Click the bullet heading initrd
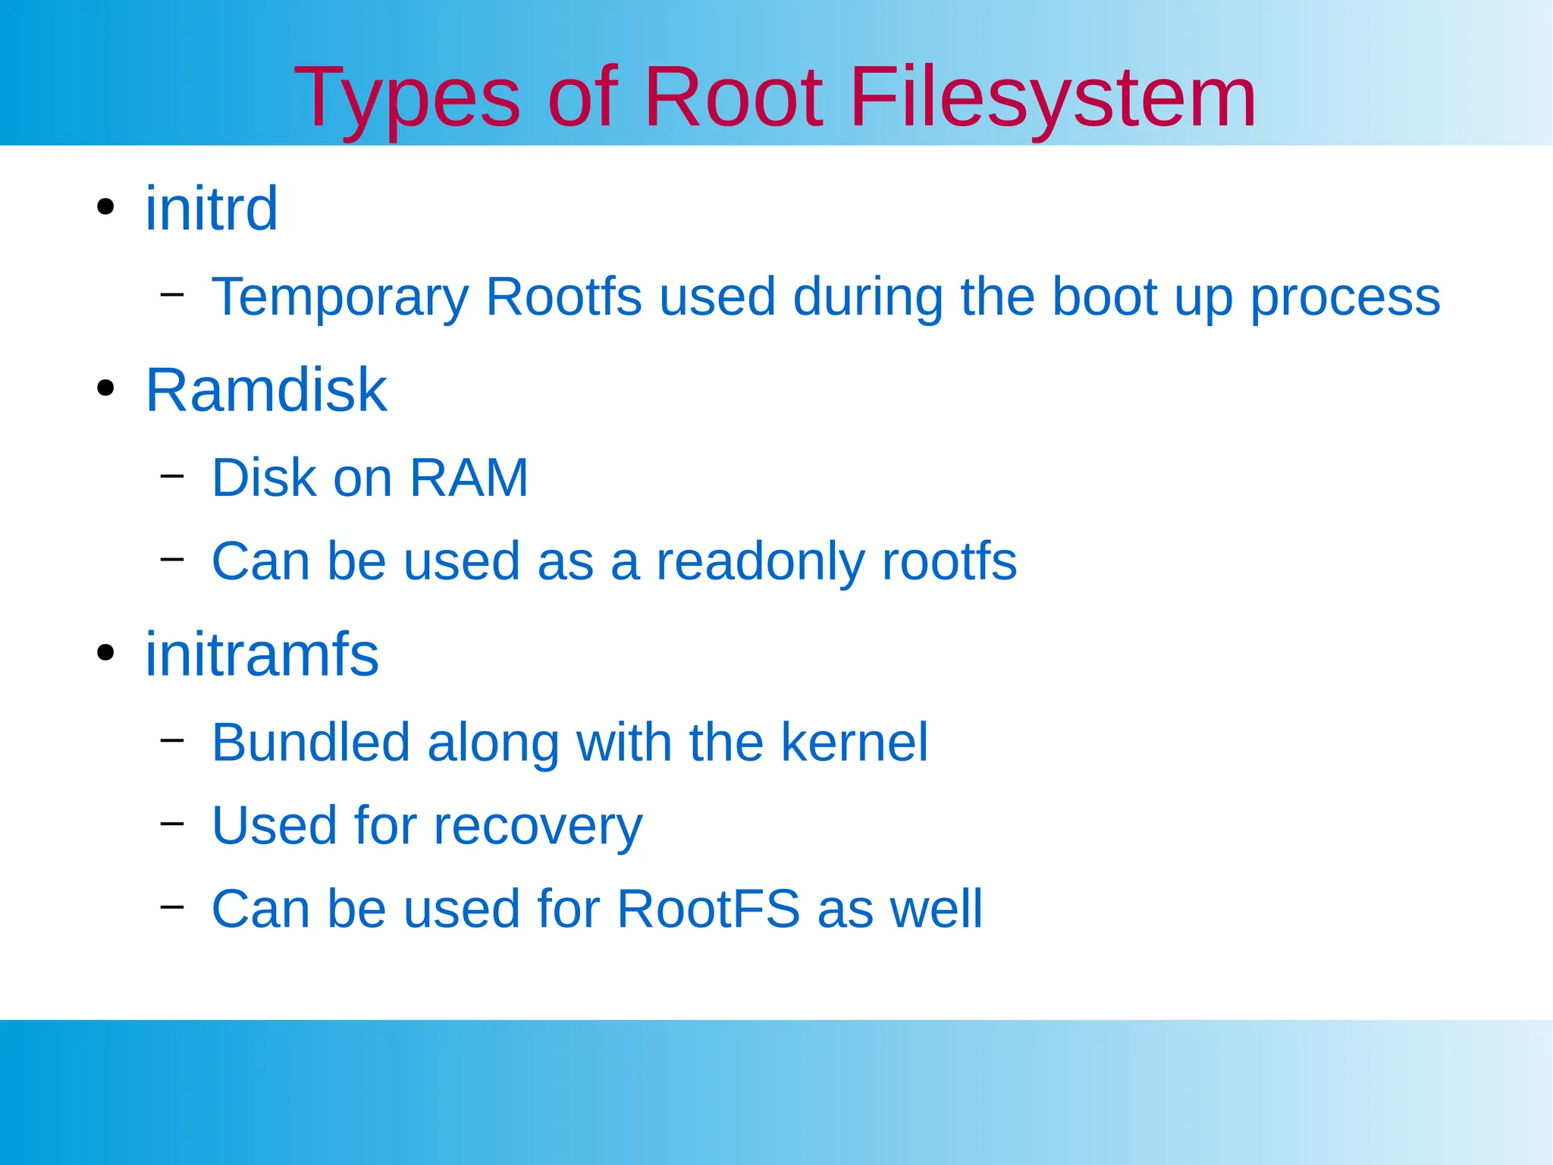point(212,209)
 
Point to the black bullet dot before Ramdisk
point(105,389)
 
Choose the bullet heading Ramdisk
point(266,390)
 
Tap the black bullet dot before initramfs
point(105,652)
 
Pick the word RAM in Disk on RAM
point(469,478)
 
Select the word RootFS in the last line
point(708,909)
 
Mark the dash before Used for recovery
point(172,822)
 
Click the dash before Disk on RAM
point(172,476)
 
